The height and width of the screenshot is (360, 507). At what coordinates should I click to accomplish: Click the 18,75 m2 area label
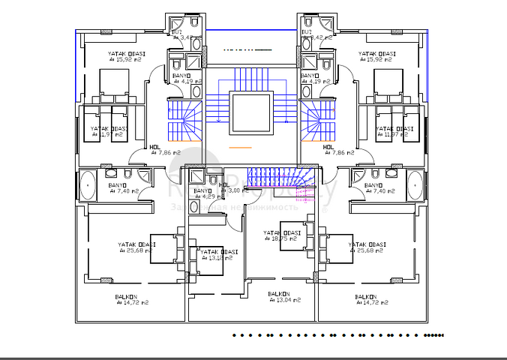[285, 241]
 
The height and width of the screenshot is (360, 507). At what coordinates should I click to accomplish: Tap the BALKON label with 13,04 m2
[284, 299]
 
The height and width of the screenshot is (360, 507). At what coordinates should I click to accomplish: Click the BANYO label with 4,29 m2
[202, 196]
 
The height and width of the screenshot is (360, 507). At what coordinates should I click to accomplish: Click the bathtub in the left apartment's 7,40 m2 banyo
[87, 184]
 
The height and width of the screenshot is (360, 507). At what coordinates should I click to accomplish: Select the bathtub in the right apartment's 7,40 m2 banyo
[415, 184]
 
